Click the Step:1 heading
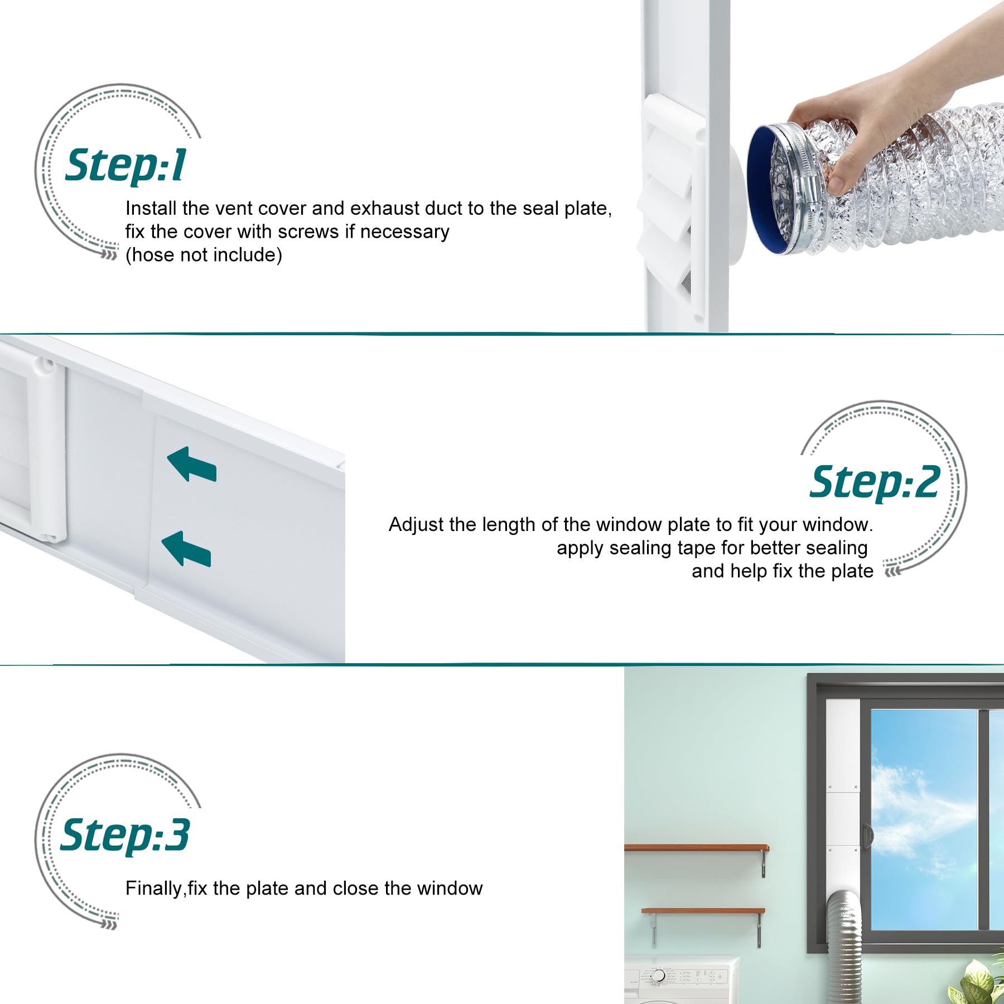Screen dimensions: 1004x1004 (126, 166)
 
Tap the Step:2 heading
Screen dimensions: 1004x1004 (875, 482)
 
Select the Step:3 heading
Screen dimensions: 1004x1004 (126, 835)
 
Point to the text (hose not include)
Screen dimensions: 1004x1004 (204, 255)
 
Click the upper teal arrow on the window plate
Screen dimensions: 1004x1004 (191, 465)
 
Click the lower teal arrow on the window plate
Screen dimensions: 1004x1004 (186, 549)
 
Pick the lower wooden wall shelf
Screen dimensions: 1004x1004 (703, 911)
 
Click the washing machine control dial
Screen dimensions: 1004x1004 (659, 976)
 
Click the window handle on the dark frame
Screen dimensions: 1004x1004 (866, 836)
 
